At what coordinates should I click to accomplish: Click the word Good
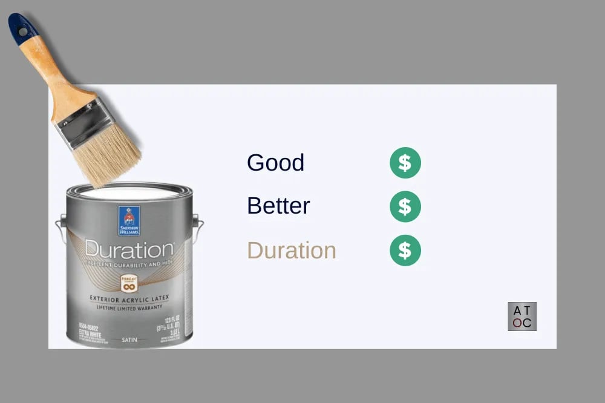tap(275, 163)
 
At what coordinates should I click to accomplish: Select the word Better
tap(278, 206)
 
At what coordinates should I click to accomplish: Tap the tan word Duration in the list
tap(291, 250)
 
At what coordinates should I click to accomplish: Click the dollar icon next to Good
tap(405, 163)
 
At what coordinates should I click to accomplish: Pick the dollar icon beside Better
tap(405, 206)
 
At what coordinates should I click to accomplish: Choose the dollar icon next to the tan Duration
tap(405, 250)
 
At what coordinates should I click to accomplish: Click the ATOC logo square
tap(522, 316)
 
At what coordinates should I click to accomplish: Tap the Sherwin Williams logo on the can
tap(129, 221)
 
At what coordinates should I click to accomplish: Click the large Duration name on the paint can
tap(129, 249)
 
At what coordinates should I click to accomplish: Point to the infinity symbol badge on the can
tap(129, 283)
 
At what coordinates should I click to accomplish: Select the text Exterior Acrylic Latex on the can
tap(129, 298)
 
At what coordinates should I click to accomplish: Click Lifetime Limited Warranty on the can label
tap(129, 307)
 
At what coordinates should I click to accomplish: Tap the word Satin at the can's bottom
tap(129, 340)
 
